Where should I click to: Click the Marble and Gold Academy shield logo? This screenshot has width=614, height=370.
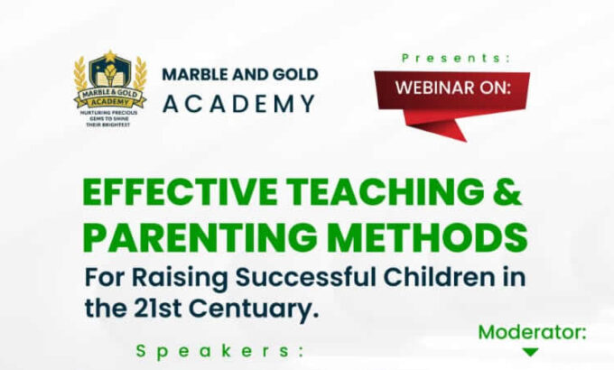(x=110, y=90)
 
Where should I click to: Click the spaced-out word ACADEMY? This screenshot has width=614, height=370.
(x=239, y=104)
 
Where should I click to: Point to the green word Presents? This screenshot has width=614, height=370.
(x=455, y=57)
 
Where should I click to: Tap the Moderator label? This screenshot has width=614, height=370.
(x=533, y=332)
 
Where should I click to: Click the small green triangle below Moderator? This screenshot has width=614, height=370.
(x=530, y=353)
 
